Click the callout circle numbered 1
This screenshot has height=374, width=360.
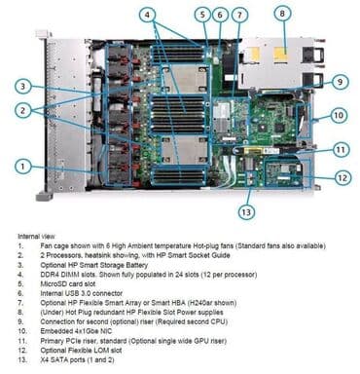coord(23,167)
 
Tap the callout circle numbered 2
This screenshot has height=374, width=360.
coord(23,110)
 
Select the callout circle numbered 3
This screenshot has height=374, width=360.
coord(23,87)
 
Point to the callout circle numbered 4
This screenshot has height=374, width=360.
coord(148,15)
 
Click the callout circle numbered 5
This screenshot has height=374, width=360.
coord(203,15)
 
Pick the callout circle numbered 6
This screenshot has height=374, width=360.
coord(220,15)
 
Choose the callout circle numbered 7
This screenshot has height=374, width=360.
coord(239,15)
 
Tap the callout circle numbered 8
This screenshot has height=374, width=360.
coord(282,14)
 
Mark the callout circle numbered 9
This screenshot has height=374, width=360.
coord(340,82)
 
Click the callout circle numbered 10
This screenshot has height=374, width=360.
coord(339,115)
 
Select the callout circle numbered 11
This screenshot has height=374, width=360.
coord(341,150)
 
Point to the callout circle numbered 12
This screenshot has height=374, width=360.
coord(342,177)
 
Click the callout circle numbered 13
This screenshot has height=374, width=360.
coord(246,212)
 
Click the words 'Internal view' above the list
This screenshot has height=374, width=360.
coord(36,236)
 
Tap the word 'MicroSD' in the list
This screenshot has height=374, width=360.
coord(54,283)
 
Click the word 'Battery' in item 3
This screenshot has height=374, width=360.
coord(136,265)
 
